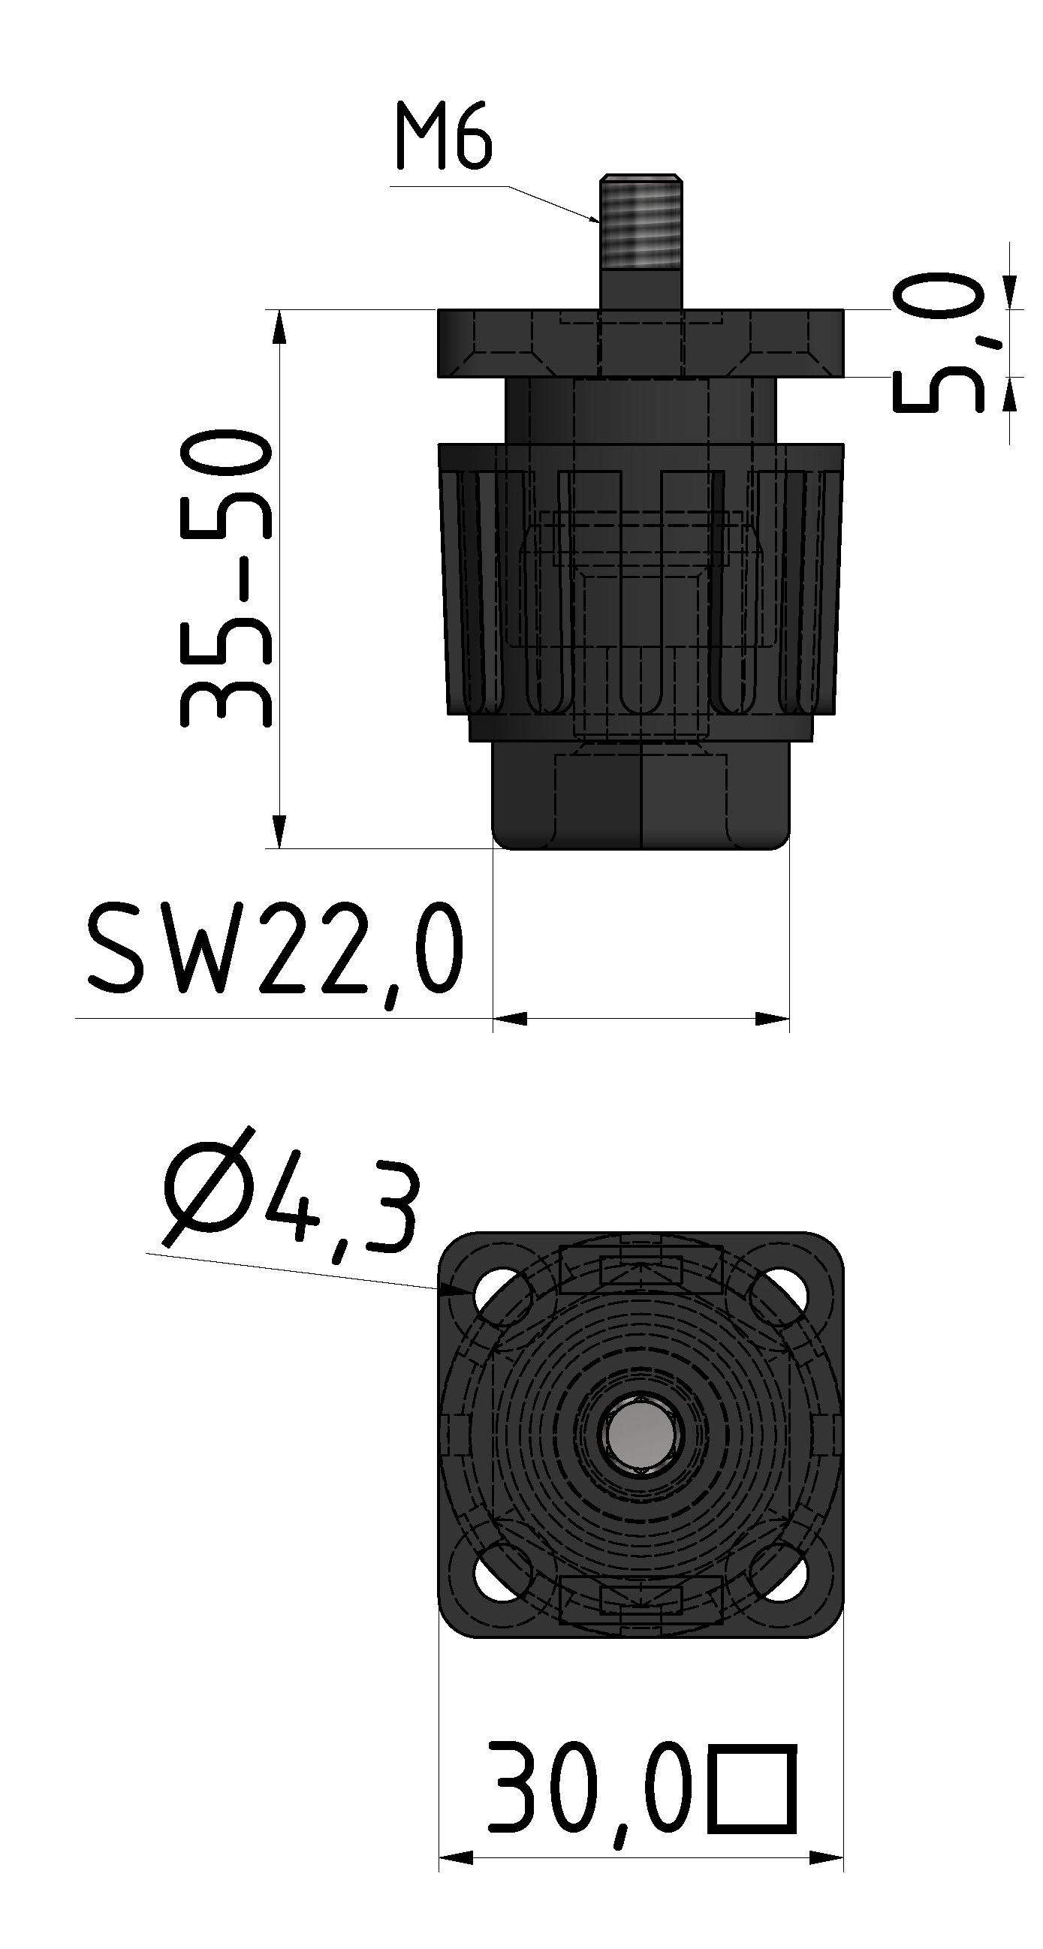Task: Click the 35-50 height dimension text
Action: pyautogui.click(x=225, y=579)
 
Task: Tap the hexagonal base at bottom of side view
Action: pyautogui.click(x=641, y=798)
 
